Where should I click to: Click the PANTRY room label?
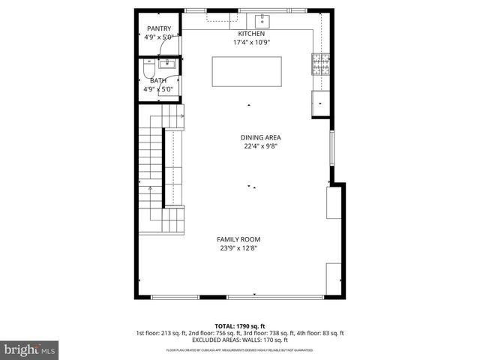[159, 28]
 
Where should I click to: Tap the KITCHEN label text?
[251, 34]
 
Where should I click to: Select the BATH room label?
[158, 81]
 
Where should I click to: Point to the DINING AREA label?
[260, 137]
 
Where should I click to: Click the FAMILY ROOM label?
[239, 239]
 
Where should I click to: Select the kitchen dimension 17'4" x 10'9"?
[251, 43]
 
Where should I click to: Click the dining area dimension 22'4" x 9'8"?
[260, 146]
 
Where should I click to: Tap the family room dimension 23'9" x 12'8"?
[239, 248]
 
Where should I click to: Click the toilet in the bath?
[148, 70]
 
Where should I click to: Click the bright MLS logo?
[30, 349]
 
